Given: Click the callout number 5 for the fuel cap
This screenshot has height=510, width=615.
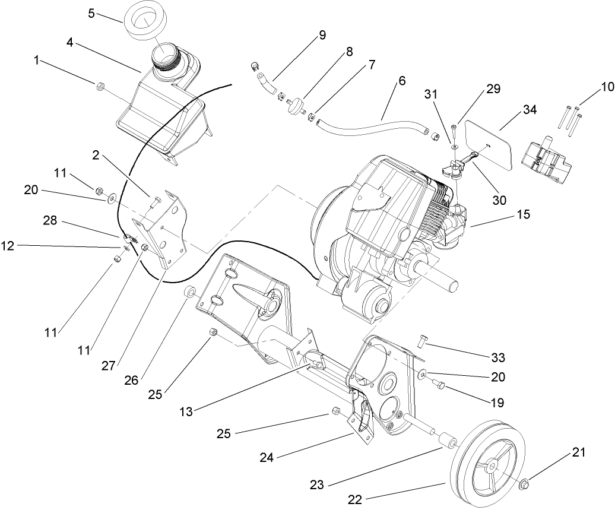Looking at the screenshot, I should (91, 13).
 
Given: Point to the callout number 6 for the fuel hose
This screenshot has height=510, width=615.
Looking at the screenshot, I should (385, 80).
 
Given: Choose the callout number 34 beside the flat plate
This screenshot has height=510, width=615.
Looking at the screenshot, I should (513, 110).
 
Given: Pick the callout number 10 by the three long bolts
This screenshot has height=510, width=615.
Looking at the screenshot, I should (607, 87).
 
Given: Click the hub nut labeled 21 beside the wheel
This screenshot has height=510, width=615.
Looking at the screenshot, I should (525, 485).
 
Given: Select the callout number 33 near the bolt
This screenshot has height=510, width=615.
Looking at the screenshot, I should (498, 357).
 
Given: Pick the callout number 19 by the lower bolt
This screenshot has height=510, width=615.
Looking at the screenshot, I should (497, 403).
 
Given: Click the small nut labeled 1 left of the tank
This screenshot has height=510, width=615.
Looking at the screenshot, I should (99, 87).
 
